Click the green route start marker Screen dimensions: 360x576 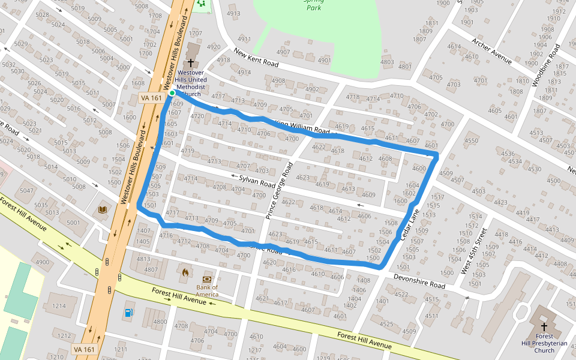[x=172, y=93]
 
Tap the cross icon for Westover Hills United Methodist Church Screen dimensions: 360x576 [x=191, y=62]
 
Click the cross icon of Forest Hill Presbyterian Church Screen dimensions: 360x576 [x=544, y=327]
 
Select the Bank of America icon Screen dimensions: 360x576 [x=207, y=279]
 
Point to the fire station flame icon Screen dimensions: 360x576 [x=185, y=272]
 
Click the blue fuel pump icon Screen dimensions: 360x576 [x=129, y=312]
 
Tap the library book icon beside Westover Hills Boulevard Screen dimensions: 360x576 [x=103, y=209]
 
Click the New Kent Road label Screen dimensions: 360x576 [x=256, y=59]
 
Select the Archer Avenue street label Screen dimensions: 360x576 [x=491, y=51]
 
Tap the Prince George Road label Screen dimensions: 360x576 [x=280, y=190]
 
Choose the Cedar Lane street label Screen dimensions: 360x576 [x=410, y=226]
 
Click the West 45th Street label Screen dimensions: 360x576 [x=473, y=251]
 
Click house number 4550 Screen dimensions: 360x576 [x=472, y=141]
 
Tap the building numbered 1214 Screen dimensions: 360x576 [x=58, y=306]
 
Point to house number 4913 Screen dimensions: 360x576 [x=233, y=14]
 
